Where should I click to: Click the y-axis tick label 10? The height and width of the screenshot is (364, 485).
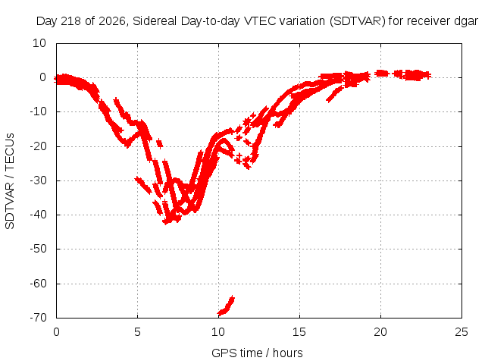click(39, 43)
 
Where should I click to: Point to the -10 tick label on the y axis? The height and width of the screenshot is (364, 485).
click(38, 111)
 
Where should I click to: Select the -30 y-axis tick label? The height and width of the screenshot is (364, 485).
click(38, 180)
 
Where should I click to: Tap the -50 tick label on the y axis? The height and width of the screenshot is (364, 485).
click(38, 249)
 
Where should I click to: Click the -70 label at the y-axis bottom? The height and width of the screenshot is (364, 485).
click(38, 317)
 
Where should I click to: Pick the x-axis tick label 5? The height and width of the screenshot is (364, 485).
click(137, 332)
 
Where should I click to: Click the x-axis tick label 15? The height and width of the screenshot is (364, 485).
click(299, 332)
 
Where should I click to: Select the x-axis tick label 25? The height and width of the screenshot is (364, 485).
click(462, 332)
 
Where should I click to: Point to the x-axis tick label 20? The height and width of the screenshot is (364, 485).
click(380, 332)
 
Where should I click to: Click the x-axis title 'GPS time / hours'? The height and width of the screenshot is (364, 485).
click(257, 353)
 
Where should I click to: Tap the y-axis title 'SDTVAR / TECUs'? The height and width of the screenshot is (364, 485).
click(10, 181)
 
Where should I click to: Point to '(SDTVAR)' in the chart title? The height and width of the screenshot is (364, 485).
click(357, 21)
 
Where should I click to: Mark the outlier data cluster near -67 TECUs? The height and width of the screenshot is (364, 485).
click(226, 306)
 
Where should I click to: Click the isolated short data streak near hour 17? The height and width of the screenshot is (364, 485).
click(335, 94)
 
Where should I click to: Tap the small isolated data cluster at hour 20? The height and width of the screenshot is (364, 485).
click(381, 74)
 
